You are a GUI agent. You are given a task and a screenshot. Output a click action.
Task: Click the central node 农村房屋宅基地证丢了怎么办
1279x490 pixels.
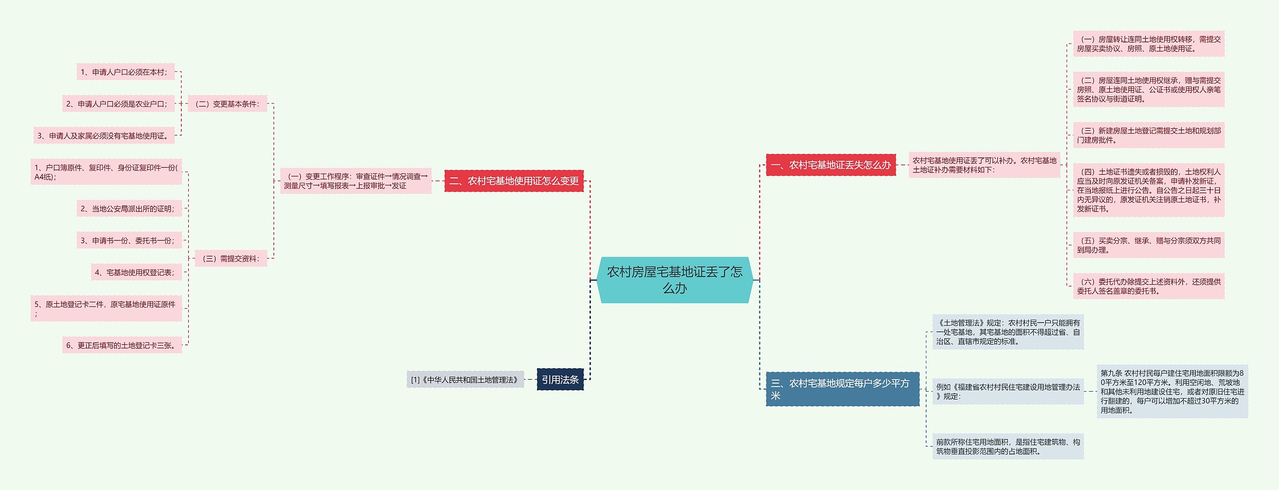(x=674, y=280)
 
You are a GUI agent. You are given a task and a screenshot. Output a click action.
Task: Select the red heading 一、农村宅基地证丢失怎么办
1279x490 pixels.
(x=830, y=165)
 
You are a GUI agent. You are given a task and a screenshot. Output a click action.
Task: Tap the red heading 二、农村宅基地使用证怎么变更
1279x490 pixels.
(x=514, y=181)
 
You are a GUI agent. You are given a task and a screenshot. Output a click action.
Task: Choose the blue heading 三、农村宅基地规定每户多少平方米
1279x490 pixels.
(x=842, y=389)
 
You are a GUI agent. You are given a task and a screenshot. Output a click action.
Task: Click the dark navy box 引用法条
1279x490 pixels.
(x=560, y=380)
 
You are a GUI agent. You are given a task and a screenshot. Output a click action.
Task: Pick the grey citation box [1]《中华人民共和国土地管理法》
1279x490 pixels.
(x=465, y=380)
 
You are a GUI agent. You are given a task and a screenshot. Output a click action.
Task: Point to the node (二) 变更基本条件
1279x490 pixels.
(x=227, y=104)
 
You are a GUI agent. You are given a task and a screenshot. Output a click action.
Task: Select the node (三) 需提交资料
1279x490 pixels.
(x=231, y=258)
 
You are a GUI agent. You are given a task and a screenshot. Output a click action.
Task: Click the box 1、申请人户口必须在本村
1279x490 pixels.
(x=125, y=72)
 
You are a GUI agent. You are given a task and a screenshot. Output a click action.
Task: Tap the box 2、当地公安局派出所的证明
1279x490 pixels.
(x=128, y=208)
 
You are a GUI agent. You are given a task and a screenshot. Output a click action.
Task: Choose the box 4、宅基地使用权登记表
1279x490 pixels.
(x=135, y=272)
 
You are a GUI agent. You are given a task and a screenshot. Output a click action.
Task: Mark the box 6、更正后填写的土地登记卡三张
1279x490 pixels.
(x=122, y=345)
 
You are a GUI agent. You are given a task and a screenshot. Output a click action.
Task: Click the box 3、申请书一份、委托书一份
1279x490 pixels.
(x=128, y=240)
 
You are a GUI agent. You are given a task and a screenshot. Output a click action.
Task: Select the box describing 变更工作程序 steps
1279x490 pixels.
(x=356, y=181)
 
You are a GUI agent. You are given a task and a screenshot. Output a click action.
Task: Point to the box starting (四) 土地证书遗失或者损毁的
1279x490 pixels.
(x=1148, y=190)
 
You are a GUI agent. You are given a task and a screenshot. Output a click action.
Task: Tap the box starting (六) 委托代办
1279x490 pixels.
(x=1148, y=286)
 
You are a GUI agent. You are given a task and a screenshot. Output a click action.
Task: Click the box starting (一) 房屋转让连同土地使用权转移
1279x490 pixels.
(x=1148, y=44)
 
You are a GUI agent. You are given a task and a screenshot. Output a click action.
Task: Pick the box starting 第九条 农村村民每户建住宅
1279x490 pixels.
(x=1172, y=391)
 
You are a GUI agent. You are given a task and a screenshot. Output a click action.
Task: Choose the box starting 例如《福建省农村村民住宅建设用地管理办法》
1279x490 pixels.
(x=1008, y=391)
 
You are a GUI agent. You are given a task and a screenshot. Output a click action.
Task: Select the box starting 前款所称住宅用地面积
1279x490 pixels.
(x=1008, y=446)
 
